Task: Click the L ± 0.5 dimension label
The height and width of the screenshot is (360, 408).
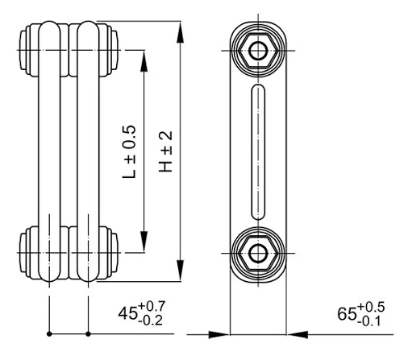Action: coord(129,151)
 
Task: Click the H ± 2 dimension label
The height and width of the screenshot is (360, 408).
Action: coord(165,151)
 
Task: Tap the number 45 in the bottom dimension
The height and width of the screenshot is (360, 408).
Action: coord(128,313)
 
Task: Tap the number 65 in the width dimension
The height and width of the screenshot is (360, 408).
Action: coord(347,313)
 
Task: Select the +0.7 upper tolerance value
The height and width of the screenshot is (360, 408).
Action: coord(152,306)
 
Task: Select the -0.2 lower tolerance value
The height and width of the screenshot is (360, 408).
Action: coord(151,321)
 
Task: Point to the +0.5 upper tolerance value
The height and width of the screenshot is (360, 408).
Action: coord(371,307)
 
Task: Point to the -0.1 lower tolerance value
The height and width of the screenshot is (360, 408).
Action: coord(369,321)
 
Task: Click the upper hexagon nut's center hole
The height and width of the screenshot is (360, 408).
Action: coord(258,51)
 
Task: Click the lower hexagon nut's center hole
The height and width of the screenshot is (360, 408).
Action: coord(258,253)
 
